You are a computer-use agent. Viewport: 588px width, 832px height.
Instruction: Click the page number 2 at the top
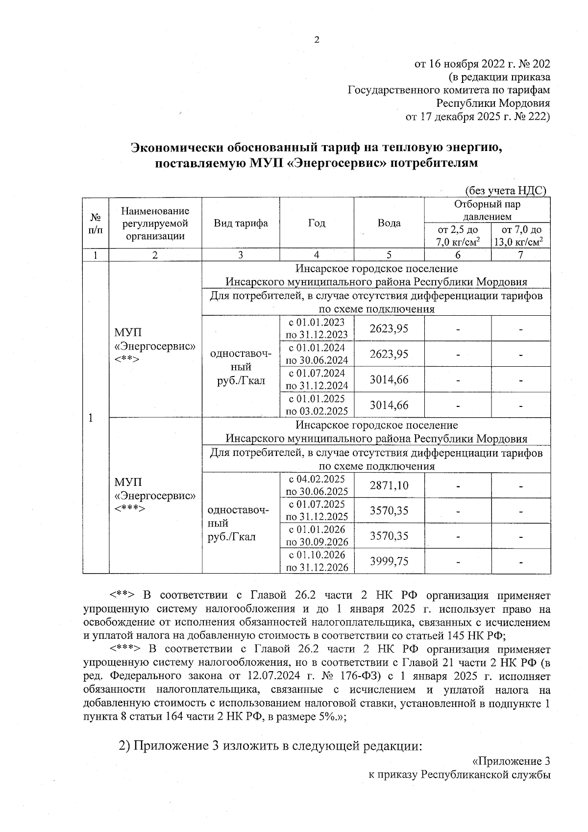pyautogui.click(x=317, y=40)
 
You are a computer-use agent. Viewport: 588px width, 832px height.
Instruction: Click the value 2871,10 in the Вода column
pyautogui.click(x=389, y=485)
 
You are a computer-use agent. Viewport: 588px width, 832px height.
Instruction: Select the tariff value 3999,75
pyautogui.click(x=389, y=561)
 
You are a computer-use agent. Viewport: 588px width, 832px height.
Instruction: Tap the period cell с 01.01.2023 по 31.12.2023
pyautogui.click(x=317, y=328)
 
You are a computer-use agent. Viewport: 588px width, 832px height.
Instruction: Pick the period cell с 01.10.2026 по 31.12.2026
pyautogui.click(x=317, y=561)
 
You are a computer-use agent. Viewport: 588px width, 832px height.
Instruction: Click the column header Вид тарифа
pyautogui.click(x=241, y=223)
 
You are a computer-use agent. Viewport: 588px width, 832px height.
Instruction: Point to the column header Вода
pyautogui.click(x=389, y=223)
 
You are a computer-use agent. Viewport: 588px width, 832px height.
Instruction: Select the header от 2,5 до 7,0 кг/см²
pyautogui.click(x=458, y=235)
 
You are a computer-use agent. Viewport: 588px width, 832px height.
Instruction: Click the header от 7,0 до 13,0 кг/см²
pyautogui.click(x=521, y=235)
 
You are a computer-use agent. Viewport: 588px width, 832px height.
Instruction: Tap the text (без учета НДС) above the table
pyautogui.click(x=505, y=191)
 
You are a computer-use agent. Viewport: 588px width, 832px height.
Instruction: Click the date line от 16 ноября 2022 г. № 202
pyautogui.click(x=482, y=64)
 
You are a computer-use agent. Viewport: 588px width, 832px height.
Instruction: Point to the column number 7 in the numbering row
pyautogui.click(x=521, y=254)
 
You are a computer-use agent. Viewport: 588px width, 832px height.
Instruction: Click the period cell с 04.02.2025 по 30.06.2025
pyautogui.click(x=317, y=485)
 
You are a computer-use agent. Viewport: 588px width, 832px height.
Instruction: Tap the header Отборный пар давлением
pyautogui.click(x=487, y=210)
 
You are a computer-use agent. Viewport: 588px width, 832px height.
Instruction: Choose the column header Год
pyautogui.click(x=317, y=223)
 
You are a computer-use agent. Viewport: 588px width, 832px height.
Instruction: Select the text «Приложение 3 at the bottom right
pyautogui.click(x=510, y=761)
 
